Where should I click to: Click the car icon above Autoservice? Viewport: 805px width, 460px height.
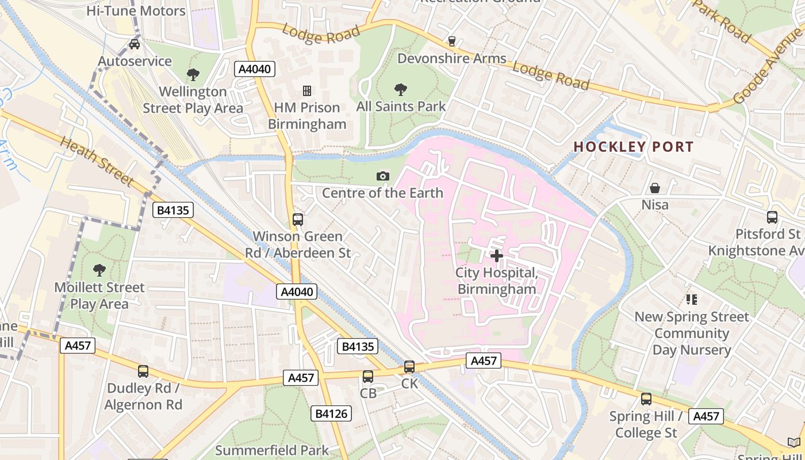coord(135,44)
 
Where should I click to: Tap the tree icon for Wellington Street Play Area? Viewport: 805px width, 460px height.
coord(193,74)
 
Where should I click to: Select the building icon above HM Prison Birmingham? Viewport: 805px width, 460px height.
coord(307,90)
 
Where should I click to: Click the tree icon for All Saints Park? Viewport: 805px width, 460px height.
coord(401,89)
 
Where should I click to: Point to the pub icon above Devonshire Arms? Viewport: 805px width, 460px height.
coord(452,41)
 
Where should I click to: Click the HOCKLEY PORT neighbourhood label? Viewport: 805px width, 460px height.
coord(634,147)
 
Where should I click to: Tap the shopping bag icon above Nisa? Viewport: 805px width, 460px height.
coord(655,188)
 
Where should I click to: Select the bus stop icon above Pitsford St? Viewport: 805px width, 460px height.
coord(772,217)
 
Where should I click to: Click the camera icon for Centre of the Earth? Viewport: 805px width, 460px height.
coord(382,176)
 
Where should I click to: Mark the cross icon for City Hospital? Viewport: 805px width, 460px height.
coord(497,255)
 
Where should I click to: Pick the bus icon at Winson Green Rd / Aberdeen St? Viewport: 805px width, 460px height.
coord(298,219)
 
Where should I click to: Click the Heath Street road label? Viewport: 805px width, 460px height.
coord(96,162)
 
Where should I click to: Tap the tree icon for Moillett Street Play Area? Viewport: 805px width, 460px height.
coord(99,270)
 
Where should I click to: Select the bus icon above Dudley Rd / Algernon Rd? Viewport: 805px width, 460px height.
coord(143,371)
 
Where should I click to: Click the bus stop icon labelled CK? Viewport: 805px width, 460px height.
coord(409,367)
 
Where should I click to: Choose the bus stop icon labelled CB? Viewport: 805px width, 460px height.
coord(368,377)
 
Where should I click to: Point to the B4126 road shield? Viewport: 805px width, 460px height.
coord(331,413)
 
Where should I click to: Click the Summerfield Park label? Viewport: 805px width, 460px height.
coord(272,450)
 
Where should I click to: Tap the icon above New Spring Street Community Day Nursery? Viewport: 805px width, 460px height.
coord(692,300)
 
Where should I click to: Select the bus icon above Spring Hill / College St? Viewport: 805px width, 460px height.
coord(646,399)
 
